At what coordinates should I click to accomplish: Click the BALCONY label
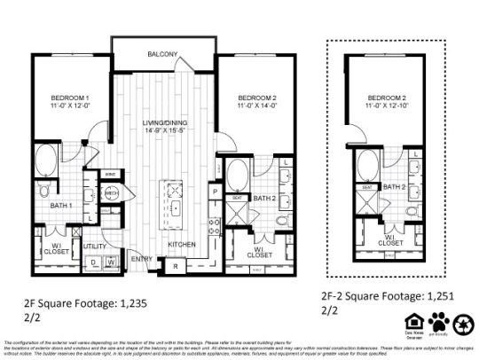[164, 54]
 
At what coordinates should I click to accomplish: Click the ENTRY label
[143, 258]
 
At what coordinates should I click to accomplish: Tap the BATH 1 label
[57, 207]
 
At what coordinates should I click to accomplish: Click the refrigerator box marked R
[177, 265]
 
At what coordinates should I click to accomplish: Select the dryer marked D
[92, 262]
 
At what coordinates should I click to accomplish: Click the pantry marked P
[215, 191]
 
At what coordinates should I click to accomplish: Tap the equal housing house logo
[412, 321]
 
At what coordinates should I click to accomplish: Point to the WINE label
[110, 175]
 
